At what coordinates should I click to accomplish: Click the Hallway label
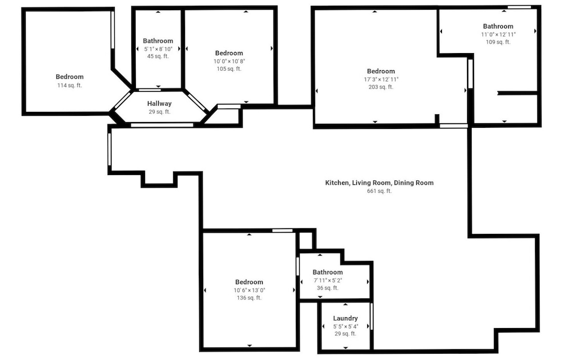point(159,104)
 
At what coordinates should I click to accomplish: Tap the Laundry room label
point(345,318)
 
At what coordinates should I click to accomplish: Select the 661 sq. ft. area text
point(379,191)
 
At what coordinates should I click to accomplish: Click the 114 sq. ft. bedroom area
point(70,86)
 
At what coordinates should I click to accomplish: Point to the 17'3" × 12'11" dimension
point(381,79)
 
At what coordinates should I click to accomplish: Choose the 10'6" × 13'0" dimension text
point(250,290)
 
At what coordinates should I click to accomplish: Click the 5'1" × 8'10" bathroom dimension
point(158,48)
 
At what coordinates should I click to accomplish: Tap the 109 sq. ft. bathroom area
point(498,42)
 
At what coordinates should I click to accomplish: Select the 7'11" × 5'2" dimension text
point(328,281)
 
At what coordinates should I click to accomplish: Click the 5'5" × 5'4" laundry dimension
point(345,326)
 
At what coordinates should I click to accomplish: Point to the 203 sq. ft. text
point(381,87)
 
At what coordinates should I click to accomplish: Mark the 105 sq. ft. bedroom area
point(229,69)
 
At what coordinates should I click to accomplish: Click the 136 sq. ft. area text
point(250,298)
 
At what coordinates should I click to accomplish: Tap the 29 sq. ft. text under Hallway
point(159,112)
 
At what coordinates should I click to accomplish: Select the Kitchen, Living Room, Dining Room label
point(380,183)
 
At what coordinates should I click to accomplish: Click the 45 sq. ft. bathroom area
point(158,56)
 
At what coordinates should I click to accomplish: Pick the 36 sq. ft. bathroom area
point(328,288)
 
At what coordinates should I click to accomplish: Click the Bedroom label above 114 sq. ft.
point(70,77)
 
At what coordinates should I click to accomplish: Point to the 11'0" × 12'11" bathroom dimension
point(498,35)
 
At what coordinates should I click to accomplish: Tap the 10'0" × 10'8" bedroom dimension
point(229,62)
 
